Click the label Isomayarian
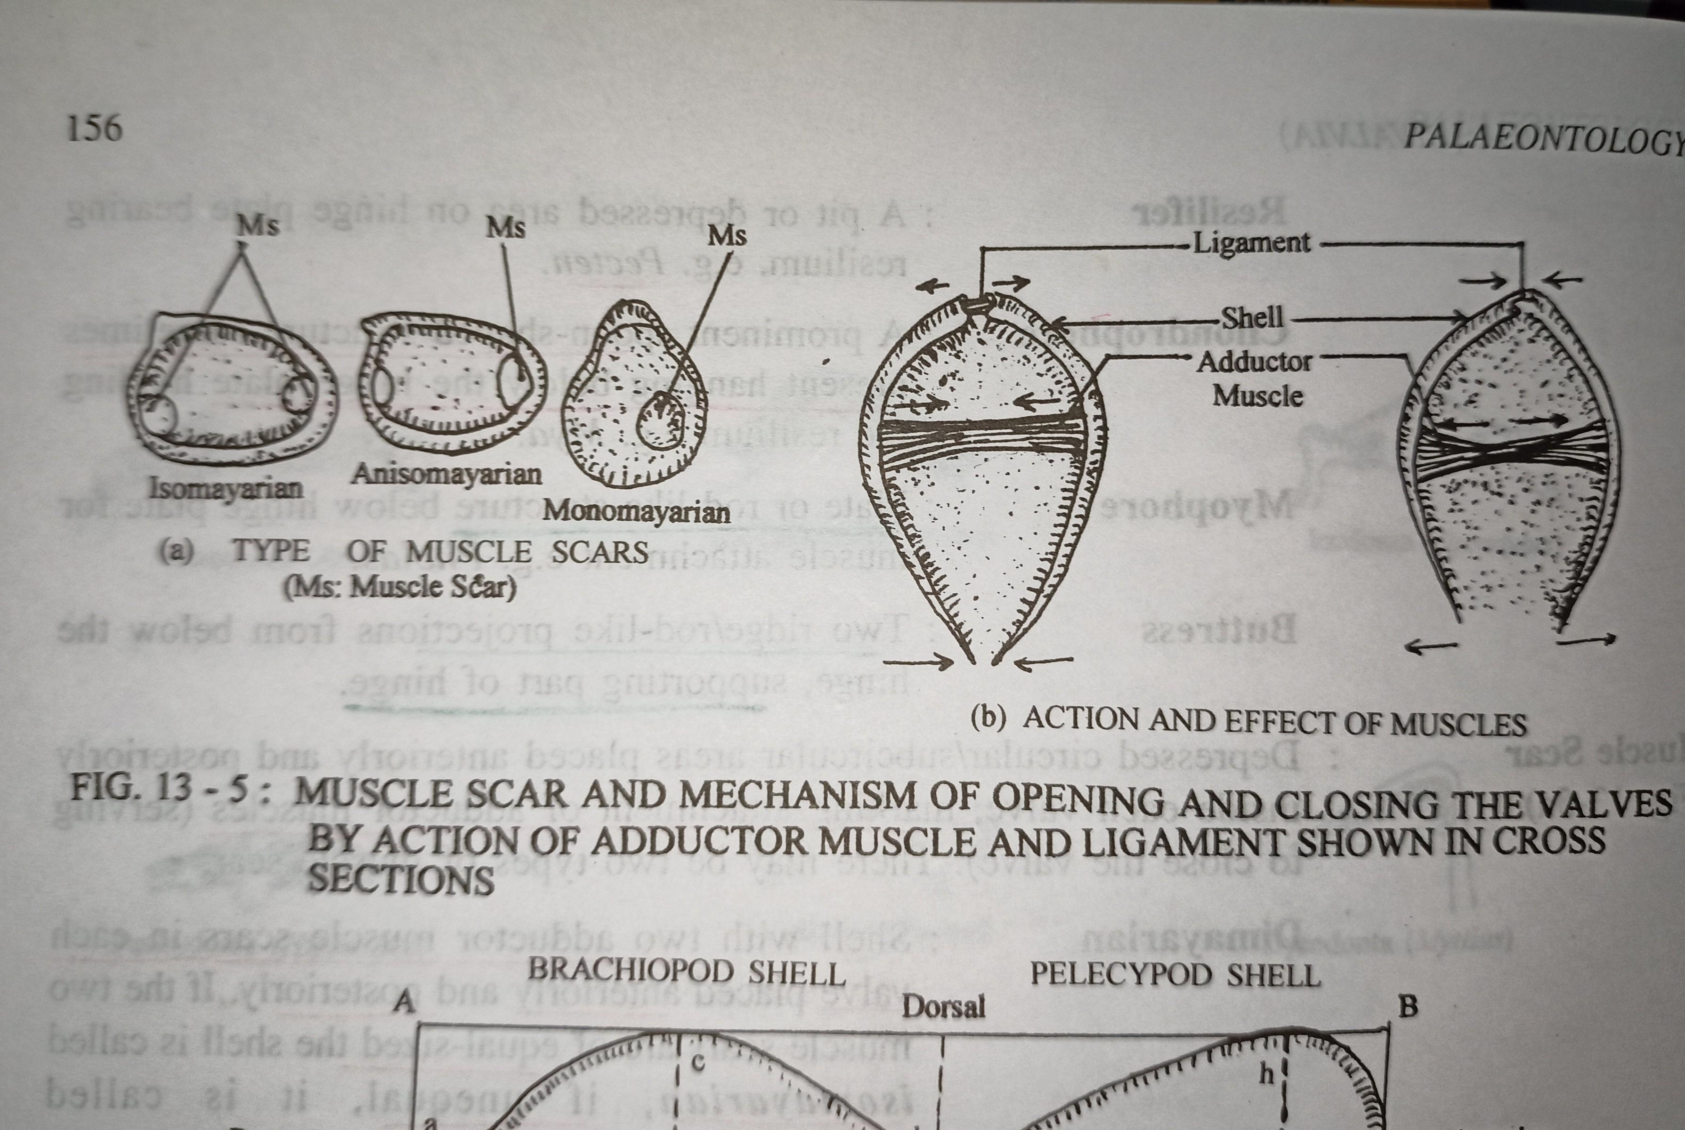coord(226,489)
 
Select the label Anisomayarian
coord(447,474)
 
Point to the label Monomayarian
coord(636,512)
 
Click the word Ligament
coord(1252,243)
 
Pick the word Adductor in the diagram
coord(1254,362)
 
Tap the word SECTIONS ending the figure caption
coord(401,879)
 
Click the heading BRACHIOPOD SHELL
coord(686,972)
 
